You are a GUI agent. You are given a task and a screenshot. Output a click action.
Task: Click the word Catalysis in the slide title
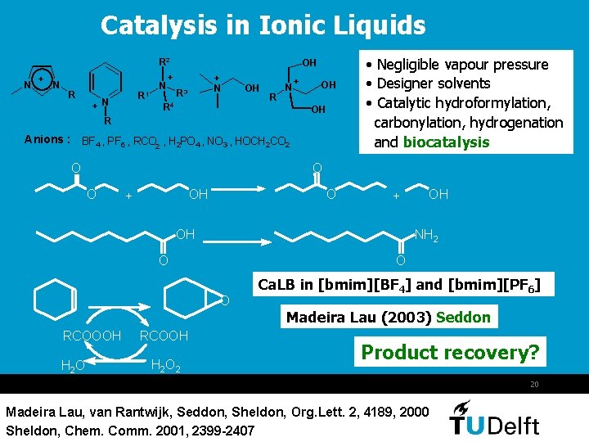click(x=160, y=26)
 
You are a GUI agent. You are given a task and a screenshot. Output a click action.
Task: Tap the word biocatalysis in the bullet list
click(x=446, y=142)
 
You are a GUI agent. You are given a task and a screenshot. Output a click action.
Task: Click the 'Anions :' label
click(x=47, y=139)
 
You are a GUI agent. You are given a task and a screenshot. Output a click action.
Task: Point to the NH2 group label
click(x=425, y=236)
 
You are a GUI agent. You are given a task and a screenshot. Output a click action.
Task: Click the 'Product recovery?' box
click(x=451, y=353)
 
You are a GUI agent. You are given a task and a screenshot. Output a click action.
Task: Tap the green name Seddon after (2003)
click(x=464, y=317)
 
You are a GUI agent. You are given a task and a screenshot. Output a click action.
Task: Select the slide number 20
click(x=534, y=385)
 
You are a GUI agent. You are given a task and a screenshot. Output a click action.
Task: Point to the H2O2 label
click(x=166, y=365)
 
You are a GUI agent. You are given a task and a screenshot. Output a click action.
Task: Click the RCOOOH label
click(x=92, y=336)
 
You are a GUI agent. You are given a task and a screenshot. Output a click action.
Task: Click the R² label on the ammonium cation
click(x=164, y=61)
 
